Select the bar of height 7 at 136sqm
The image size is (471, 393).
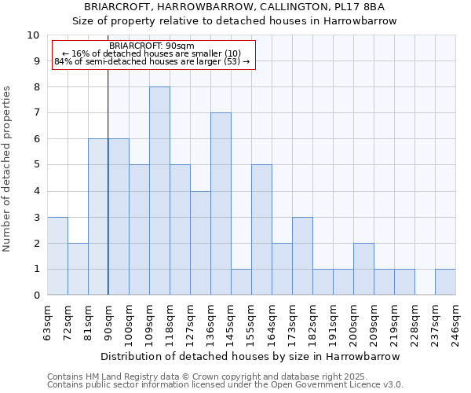pos(221,204)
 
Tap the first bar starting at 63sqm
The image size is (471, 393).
pos(57,256)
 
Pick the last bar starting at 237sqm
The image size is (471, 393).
pos(445,282)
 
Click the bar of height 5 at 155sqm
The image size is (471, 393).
pos(261,230)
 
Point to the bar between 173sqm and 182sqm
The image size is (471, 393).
pos(302,256)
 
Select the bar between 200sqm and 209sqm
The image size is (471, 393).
pos(363,269)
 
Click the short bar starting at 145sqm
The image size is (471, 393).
pos(241,282)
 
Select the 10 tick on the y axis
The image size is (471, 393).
pos(34,35)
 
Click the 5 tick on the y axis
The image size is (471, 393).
pos(36,165)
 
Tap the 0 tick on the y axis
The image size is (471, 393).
pos(36,296)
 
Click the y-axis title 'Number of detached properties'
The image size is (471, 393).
pos(8,169)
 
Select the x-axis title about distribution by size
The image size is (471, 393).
pos(250,356)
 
